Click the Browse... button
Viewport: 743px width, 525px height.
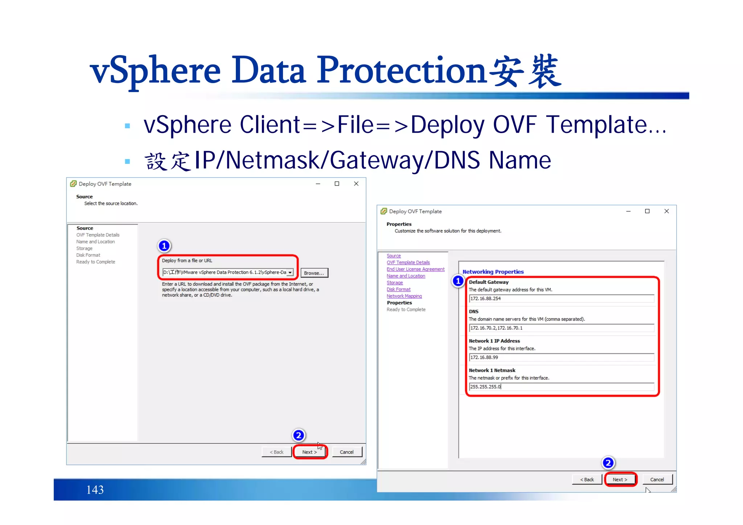tap(314, 273)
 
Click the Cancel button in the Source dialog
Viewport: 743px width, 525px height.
tap(346, 452)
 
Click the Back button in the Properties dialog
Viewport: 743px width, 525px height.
tap(587, 480)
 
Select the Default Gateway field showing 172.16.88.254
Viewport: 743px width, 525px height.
tap(561, 299)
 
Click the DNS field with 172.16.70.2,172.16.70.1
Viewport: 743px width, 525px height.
tap(561, 328)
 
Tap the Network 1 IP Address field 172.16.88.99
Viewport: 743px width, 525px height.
tap(561, 357)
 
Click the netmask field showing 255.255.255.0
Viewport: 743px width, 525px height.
tap(561, 387)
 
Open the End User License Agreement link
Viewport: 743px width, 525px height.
tap(415, 269)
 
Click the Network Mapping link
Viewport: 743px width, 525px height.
tap(404, 296)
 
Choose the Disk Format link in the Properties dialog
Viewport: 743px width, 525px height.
tap(398, 289)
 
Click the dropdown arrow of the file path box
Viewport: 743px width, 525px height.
tap(290, 273)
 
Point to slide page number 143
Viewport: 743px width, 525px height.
tap(95, 490)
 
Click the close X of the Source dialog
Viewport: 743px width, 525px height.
tap(356, 184)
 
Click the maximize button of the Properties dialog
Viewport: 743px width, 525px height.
tap(647, 211)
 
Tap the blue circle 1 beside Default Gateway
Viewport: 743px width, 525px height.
tap(458, 281)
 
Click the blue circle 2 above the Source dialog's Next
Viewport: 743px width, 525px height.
tap(299, 435)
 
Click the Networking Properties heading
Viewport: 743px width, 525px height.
tap(493, 272)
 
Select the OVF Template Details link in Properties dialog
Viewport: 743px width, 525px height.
tap(408, 262)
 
